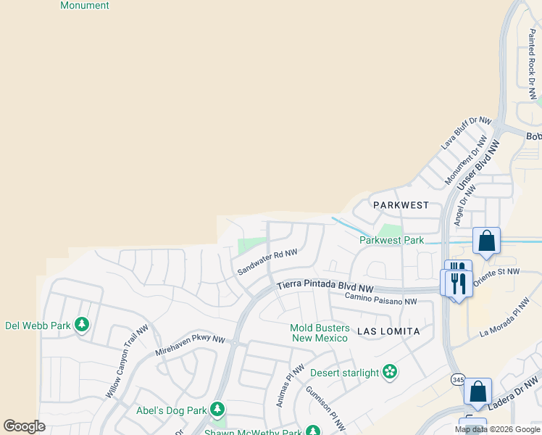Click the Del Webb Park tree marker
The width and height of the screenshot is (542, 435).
82,325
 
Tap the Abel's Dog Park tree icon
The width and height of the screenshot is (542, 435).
217,410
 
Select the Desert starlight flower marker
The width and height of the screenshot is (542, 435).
391,373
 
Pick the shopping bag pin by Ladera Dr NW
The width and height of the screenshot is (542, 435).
478,392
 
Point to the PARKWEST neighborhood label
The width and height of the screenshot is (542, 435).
401,205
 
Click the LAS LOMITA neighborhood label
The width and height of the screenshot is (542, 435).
388,331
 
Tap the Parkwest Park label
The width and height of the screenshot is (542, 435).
391,240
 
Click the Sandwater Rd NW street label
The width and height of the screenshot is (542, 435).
268,262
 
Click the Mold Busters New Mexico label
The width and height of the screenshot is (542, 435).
320,333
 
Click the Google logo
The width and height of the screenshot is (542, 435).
24,426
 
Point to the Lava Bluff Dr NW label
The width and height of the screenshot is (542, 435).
467,133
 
